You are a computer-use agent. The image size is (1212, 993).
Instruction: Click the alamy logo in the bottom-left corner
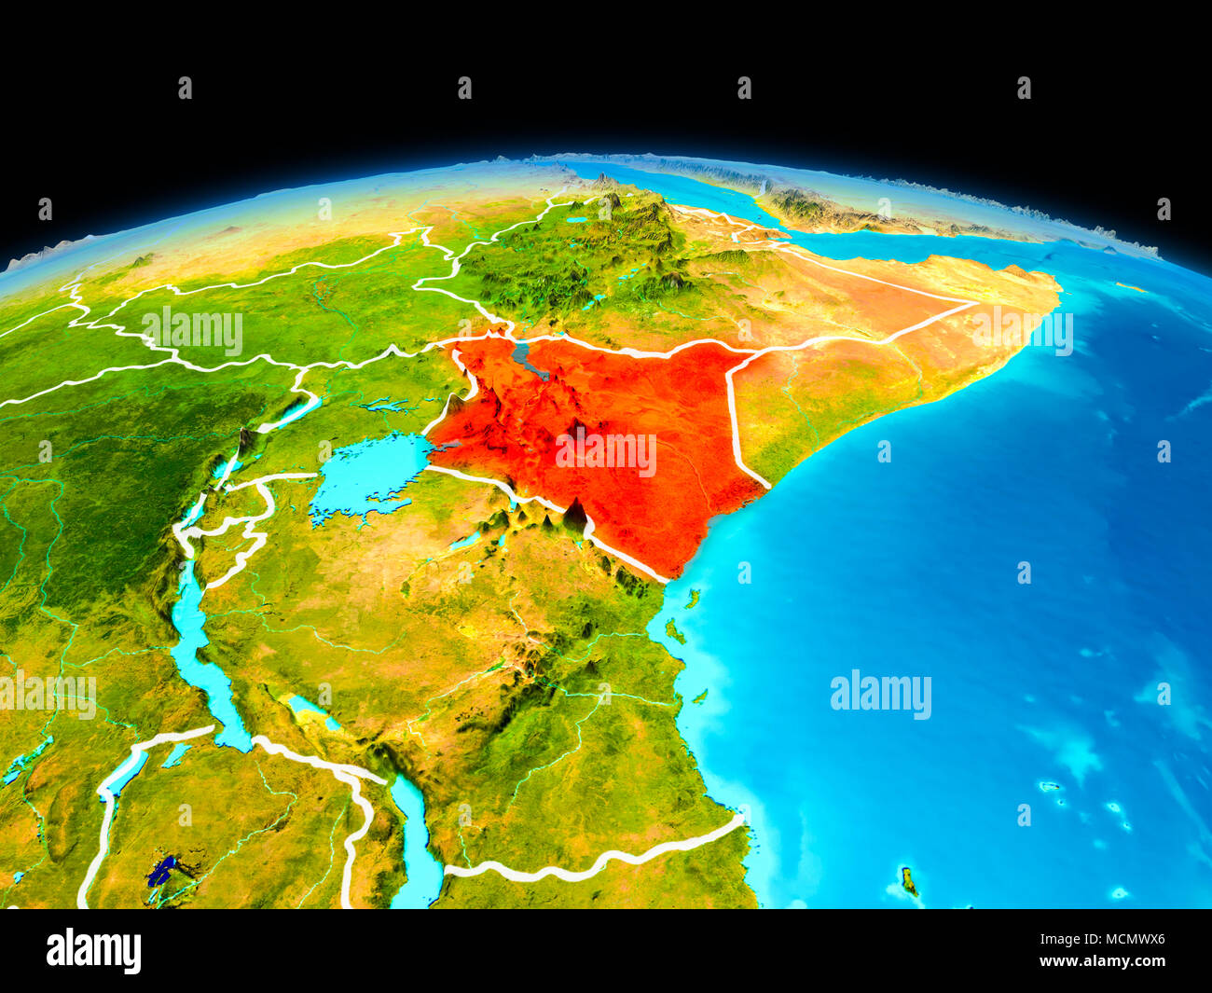tap(94, 951)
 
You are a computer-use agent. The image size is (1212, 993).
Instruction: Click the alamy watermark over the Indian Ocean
tap(880, 695)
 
